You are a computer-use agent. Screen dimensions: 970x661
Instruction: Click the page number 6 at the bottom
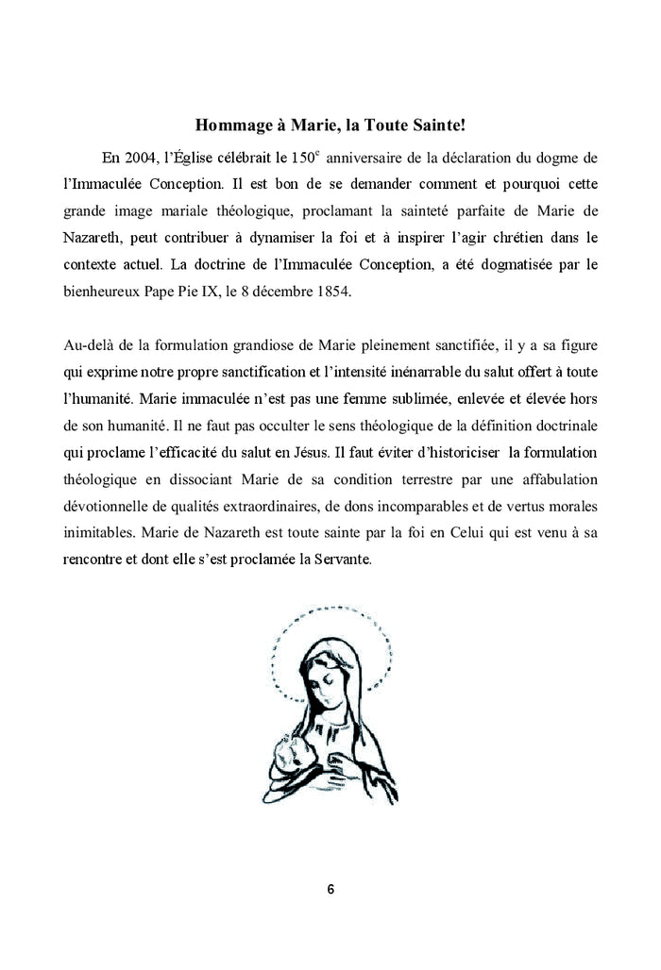coord(330,890)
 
